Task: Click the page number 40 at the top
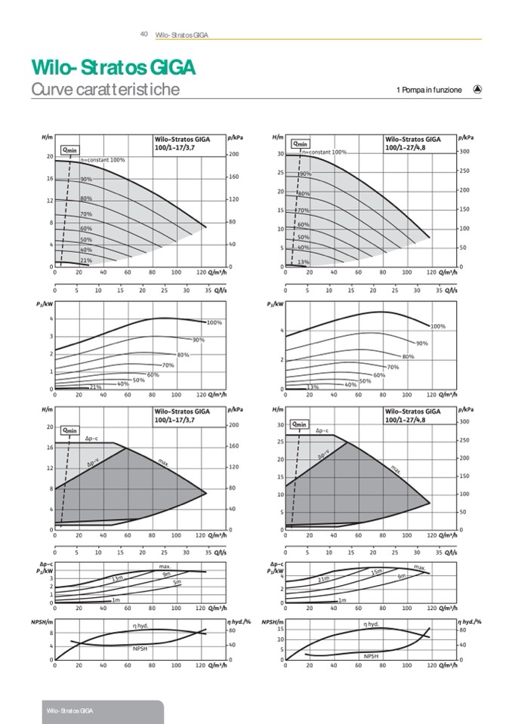[x=143, y=34]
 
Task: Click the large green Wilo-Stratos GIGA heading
[x=113, y=68]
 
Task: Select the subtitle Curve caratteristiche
[x=105, y=90]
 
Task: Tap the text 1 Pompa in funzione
[x=428, y=91]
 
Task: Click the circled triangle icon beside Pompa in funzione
[x=477, y=89]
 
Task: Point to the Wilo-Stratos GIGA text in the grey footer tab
[x=69, y=712]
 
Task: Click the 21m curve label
[x=324, y=579]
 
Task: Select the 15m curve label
[x=376, y=572]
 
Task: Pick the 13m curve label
[x=117, y=579]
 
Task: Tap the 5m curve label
[x=177, y=582]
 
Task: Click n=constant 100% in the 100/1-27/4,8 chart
[x=325, y=153]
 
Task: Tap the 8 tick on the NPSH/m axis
[x=51, y=633]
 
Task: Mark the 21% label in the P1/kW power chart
[x=95, y=387]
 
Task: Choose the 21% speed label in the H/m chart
[x=86, y=260]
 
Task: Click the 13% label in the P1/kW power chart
[x=313, y=387]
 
